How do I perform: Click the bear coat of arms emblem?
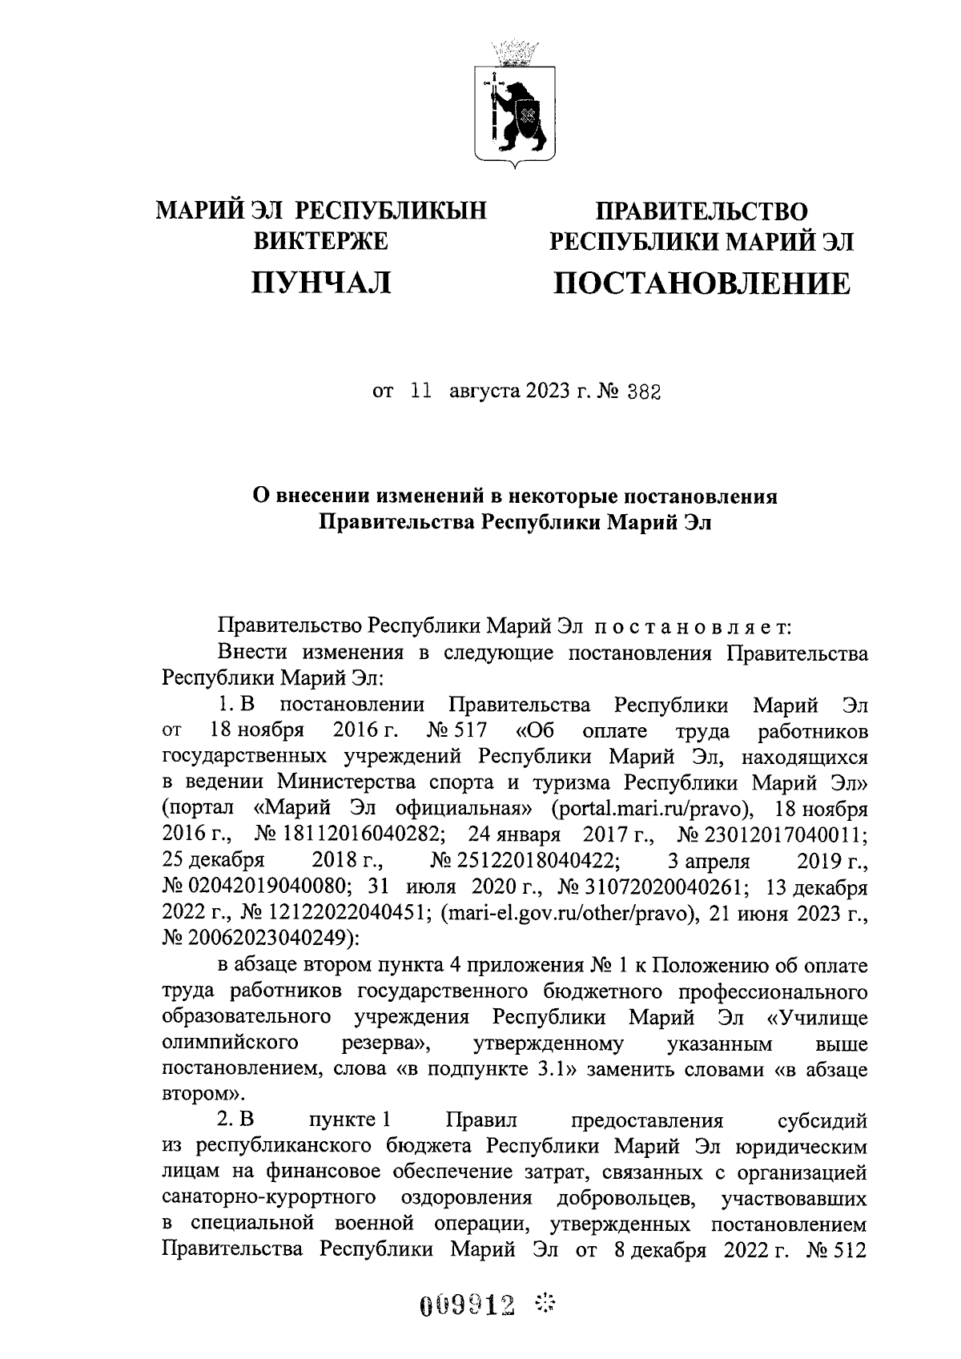click(x=517, y=104)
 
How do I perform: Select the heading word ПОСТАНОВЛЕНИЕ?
click(x=702, y=283)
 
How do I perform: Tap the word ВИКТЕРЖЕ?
click(x=320, y=240)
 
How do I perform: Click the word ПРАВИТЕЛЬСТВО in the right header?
click(x=701, y=211)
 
